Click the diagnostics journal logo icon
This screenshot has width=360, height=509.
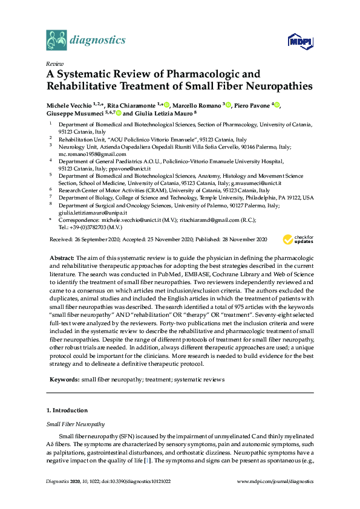coord(56,40)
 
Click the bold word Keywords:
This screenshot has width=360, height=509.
coord(64,380)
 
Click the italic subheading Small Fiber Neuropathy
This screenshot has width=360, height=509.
coord(75,424)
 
